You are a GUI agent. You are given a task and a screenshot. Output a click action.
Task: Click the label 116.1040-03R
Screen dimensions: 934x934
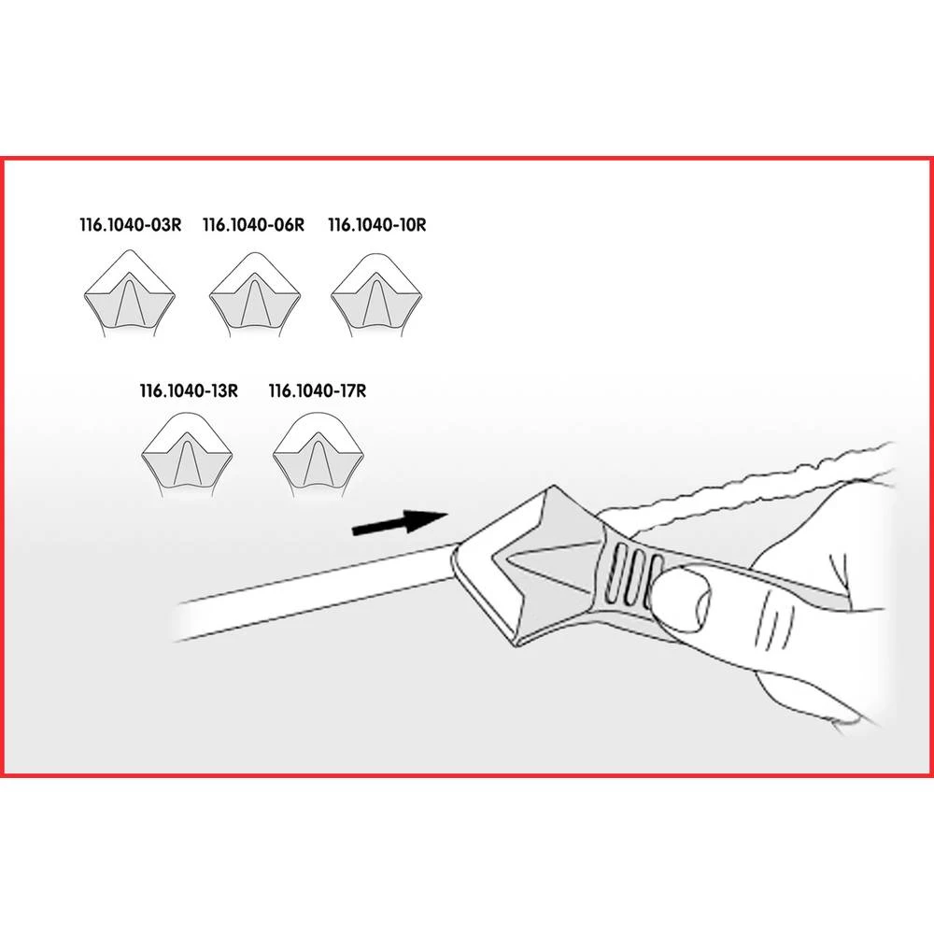tap(129, 225)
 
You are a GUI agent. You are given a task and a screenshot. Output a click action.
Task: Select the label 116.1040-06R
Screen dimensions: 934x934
tap(253, 225)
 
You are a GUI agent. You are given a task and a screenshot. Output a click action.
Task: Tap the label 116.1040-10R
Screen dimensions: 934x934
tap(377, 225)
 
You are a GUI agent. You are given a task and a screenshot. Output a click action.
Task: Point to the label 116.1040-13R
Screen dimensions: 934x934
tap(189, 391)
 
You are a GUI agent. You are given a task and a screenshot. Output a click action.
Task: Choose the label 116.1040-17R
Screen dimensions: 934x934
tap(317, 391)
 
